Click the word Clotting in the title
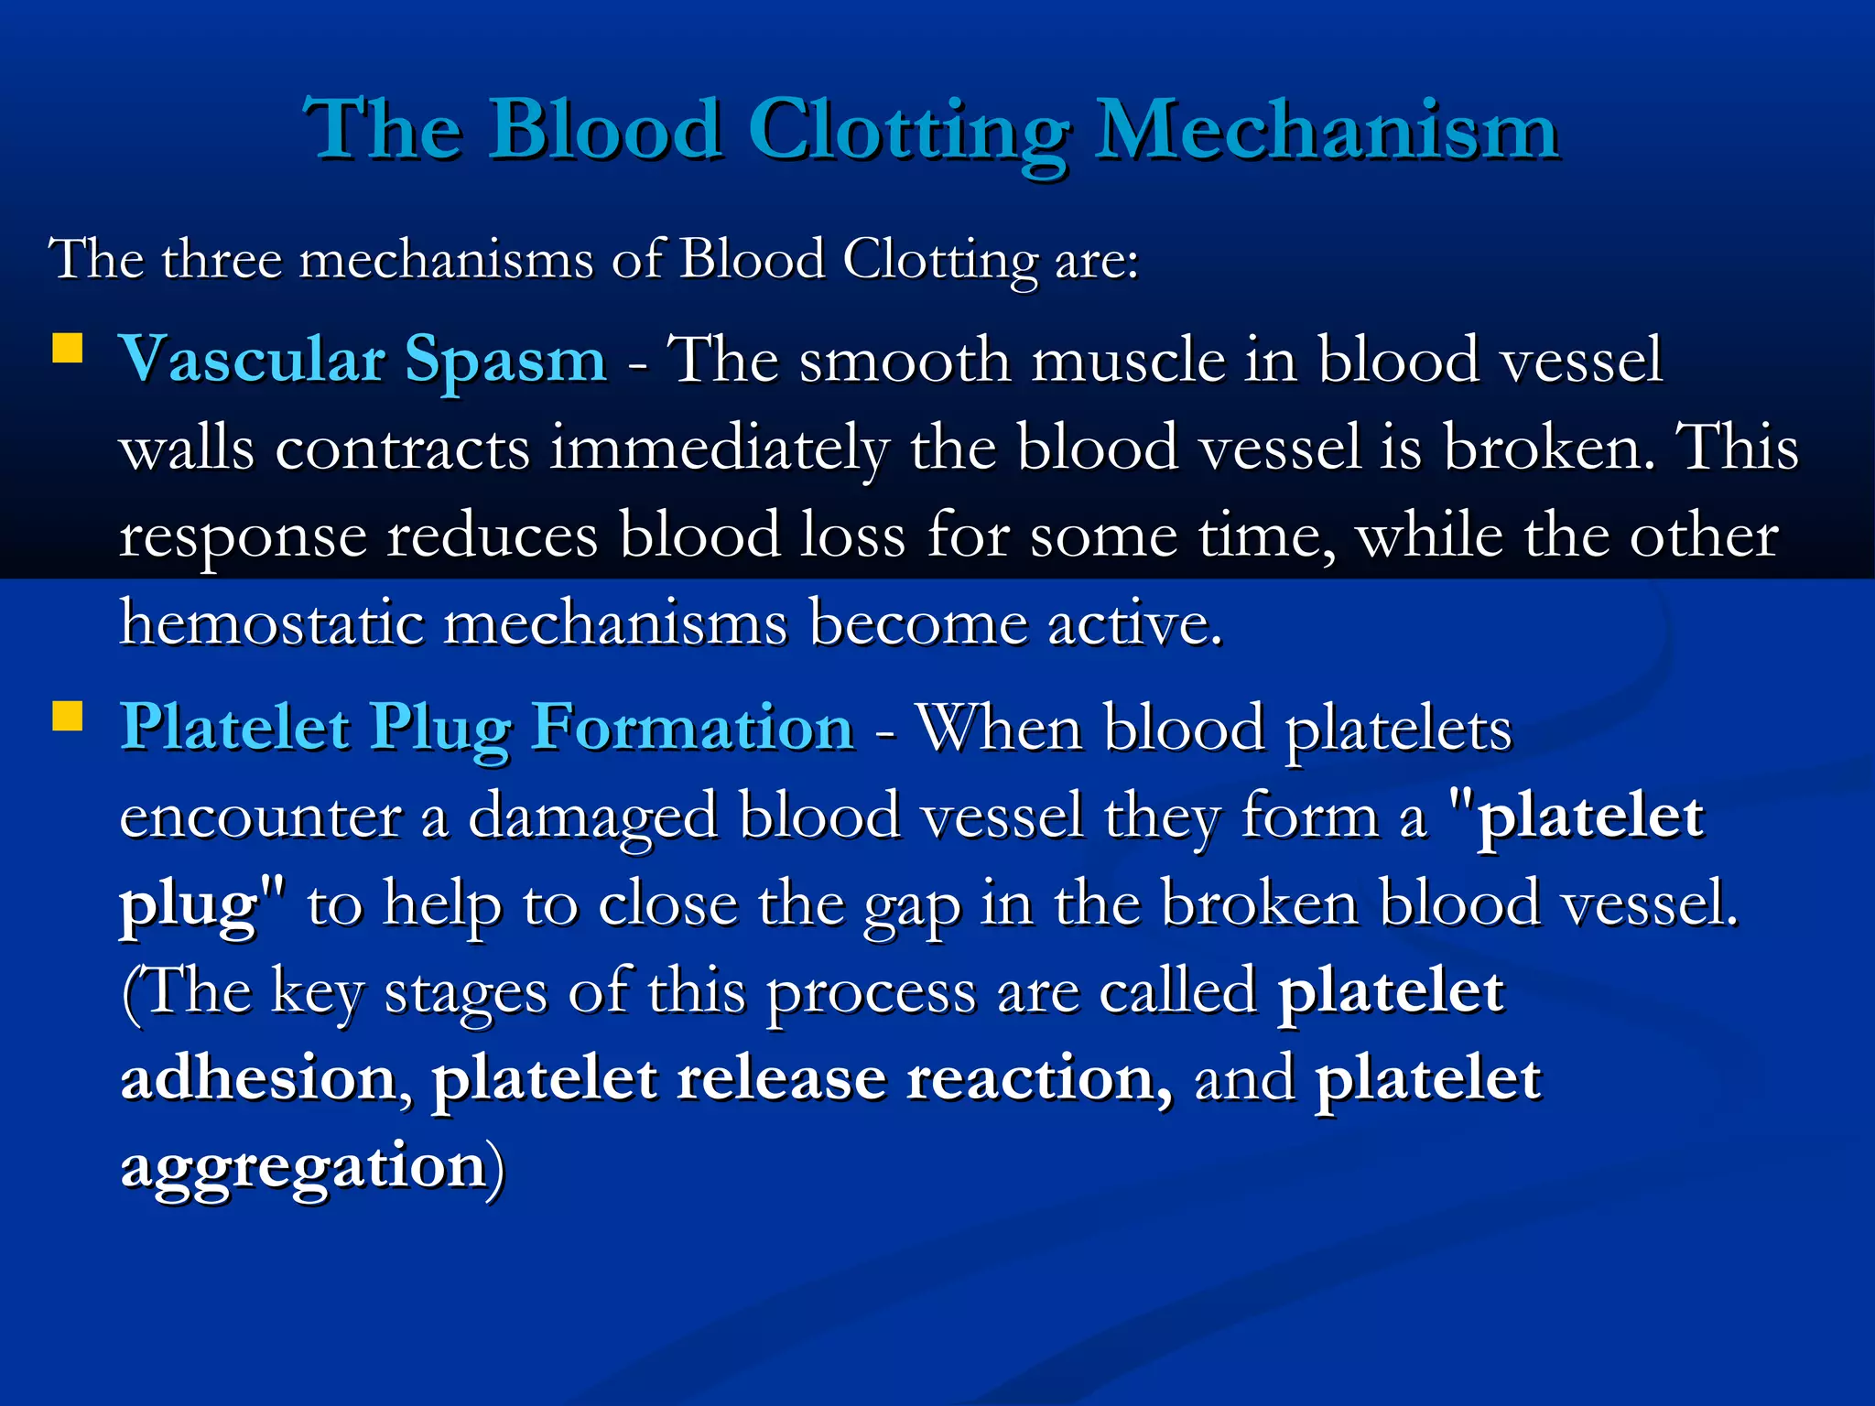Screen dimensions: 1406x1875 click(908, 131)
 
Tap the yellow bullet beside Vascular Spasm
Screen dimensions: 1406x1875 click(68, 349)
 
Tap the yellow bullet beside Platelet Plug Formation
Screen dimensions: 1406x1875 click(68, 717)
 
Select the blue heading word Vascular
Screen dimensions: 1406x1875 click(252, 359)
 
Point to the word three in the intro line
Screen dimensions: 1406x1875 click(222, 259)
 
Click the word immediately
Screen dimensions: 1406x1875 click(719, 449)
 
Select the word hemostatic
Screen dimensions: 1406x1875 click(272, 624)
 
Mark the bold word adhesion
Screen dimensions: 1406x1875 click(258, 1078)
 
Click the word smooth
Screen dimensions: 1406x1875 click(905, 360)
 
